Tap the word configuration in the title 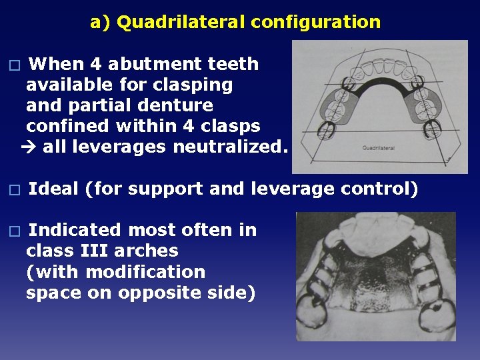[x=316, y=23]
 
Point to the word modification [x=145, y=272]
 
